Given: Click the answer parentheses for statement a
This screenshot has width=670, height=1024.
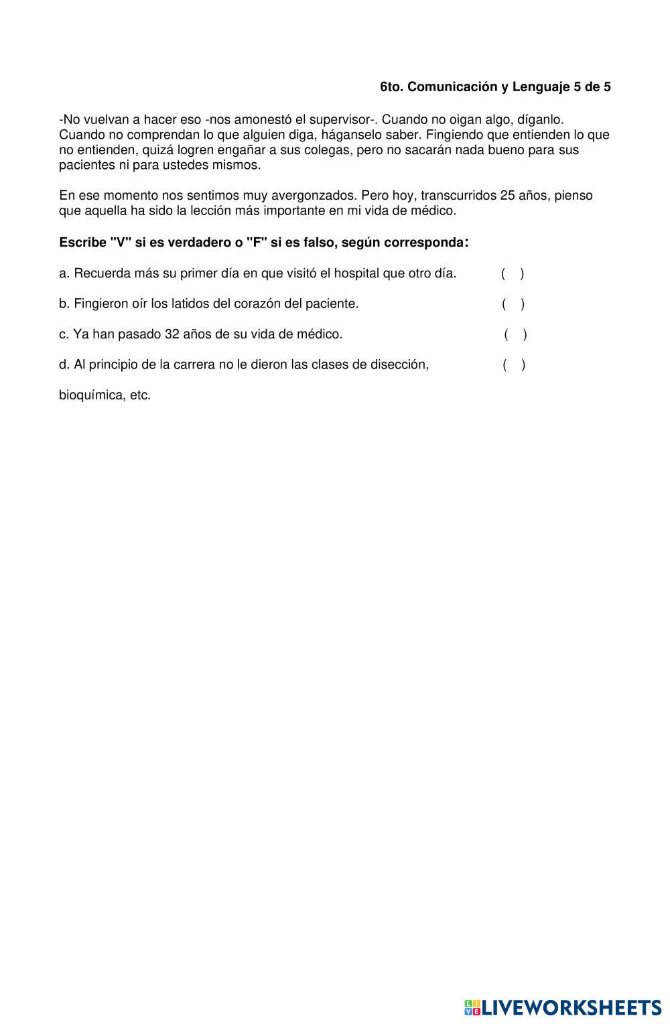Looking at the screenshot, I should click(x=513, y=273).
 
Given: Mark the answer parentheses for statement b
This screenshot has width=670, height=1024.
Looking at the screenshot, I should click(x=513, y=304).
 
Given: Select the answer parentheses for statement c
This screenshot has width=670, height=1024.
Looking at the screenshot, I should click(x=516, y=334).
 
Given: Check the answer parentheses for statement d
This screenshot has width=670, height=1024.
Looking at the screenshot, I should click(x=514, y=365).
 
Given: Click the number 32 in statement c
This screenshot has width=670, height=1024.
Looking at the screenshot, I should click(x=172, y=334).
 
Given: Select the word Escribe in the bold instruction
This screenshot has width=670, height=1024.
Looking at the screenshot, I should click(x=82, y=242).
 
